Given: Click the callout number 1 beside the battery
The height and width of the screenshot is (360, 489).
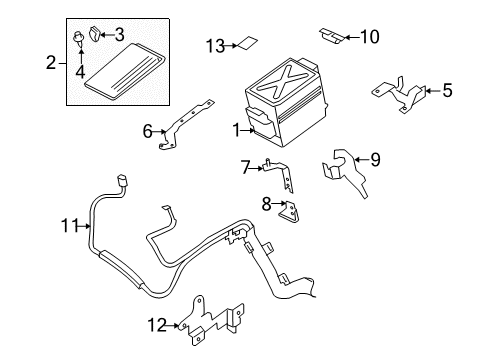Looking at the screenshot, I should (x=236, y=130).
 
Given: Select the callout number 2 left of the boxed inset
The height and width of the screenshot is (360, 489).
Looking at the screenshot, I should (x=50, y=63).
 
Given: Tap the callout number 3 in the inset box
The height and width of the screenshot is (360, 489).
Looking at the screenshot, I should (x=119, y=34).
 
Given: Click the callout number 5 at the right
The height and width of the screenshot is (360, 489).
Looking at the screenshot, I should (x=447, y=91).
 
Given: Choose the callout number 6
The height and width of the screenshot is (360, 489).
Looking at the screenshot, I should (x=148, y=130).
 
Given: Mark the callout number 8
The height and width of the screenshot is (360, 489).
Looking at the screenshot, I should (x=266, y=204).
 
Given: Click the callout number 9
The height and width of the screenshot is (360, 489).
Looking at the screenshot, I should (x=375, y=158).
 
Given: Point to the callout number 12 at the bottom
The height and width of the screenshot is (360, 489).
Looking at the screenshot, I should (x=154, y=323).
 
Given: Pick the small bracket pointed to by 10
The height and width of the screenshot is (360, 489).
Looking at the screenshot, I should (x=329, y=35).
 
